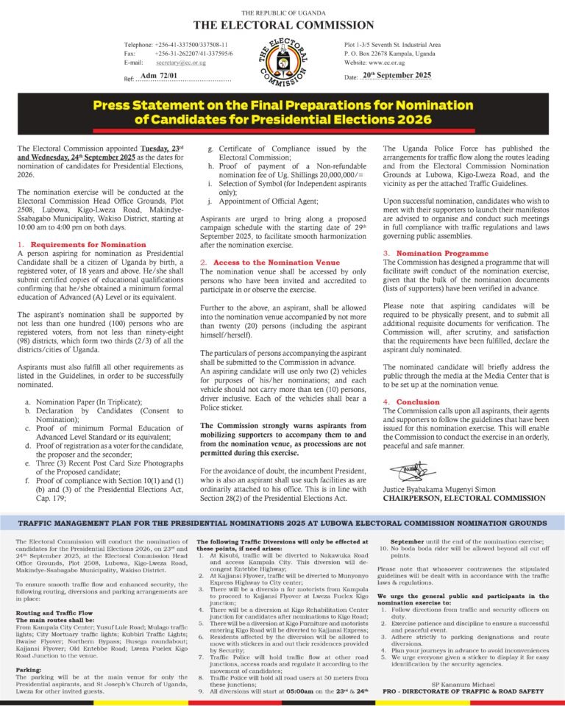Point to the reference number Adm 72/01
point(157,76)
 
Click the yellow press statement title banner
point(282,113)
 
